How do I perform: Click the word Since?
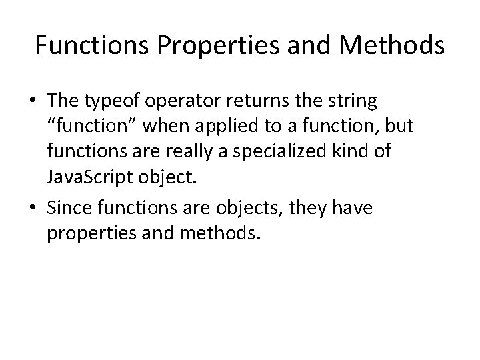(69, 209)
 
